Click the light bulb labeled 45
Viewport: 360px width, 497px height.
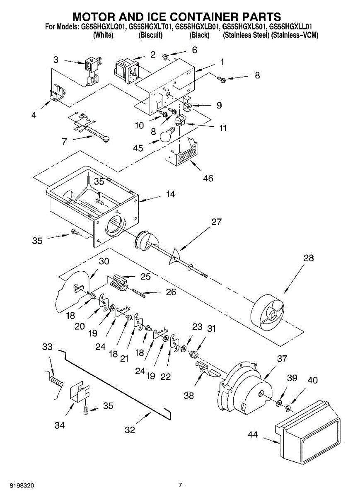pos(168,135)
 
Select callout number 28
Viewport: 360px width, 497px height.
pos(309,258)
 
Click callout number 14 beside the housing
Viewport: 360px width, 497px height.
pos(171,194)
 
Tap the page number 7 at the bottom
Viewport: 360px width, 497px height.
pos(180,485)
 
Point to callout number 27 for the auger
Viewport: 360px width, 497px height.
pos(217,222)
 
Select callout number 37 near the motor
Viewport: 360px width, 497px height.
pos(282,359)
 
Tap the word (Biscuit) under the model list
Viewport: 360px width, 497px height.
pos(150,36)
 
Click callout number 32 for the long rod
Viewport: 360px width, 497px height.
pos(130,430)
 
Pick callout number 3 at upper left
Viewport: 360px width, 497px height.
pos(56,59)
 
